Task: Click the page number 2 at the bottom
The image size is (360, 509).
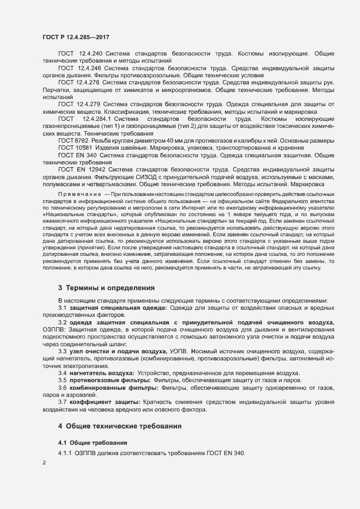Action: (44, 463)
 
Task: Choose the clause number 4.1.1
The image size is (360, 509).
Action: (66, 453)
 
